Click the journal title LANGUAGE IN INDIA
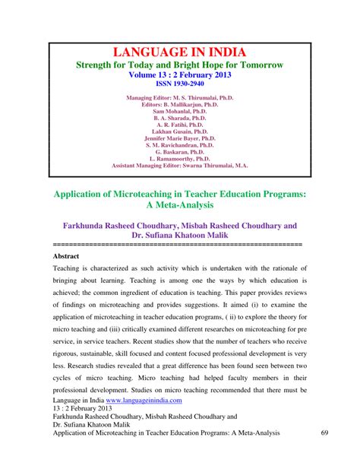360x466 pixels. click(179, 52)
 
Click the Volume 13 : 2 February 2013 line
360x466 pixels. click(179, 74)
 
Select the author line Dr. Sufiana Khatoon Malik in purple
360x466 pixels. click(179, 236)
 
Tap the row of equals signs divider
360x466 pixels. click(179, 245)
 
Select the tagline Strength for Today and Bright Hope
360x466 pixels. click(179, 65)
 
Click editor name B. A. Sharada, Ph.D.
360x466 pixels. click(179, 123)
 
